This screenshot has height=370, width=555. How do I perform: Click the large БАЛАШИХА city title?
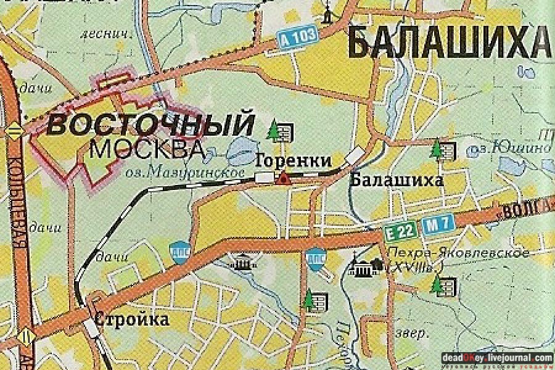448,42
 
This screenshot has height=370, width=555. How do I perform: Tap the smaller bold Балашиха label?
397,180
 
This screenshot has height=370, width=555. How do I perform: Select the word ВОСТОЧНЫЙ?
150,124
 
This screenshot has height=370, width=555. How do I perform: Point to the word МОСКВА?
147,149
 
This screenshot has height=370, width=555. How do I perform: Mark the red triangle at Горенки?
283,179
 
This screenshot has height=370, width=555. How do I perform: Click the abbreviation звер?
413,334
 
